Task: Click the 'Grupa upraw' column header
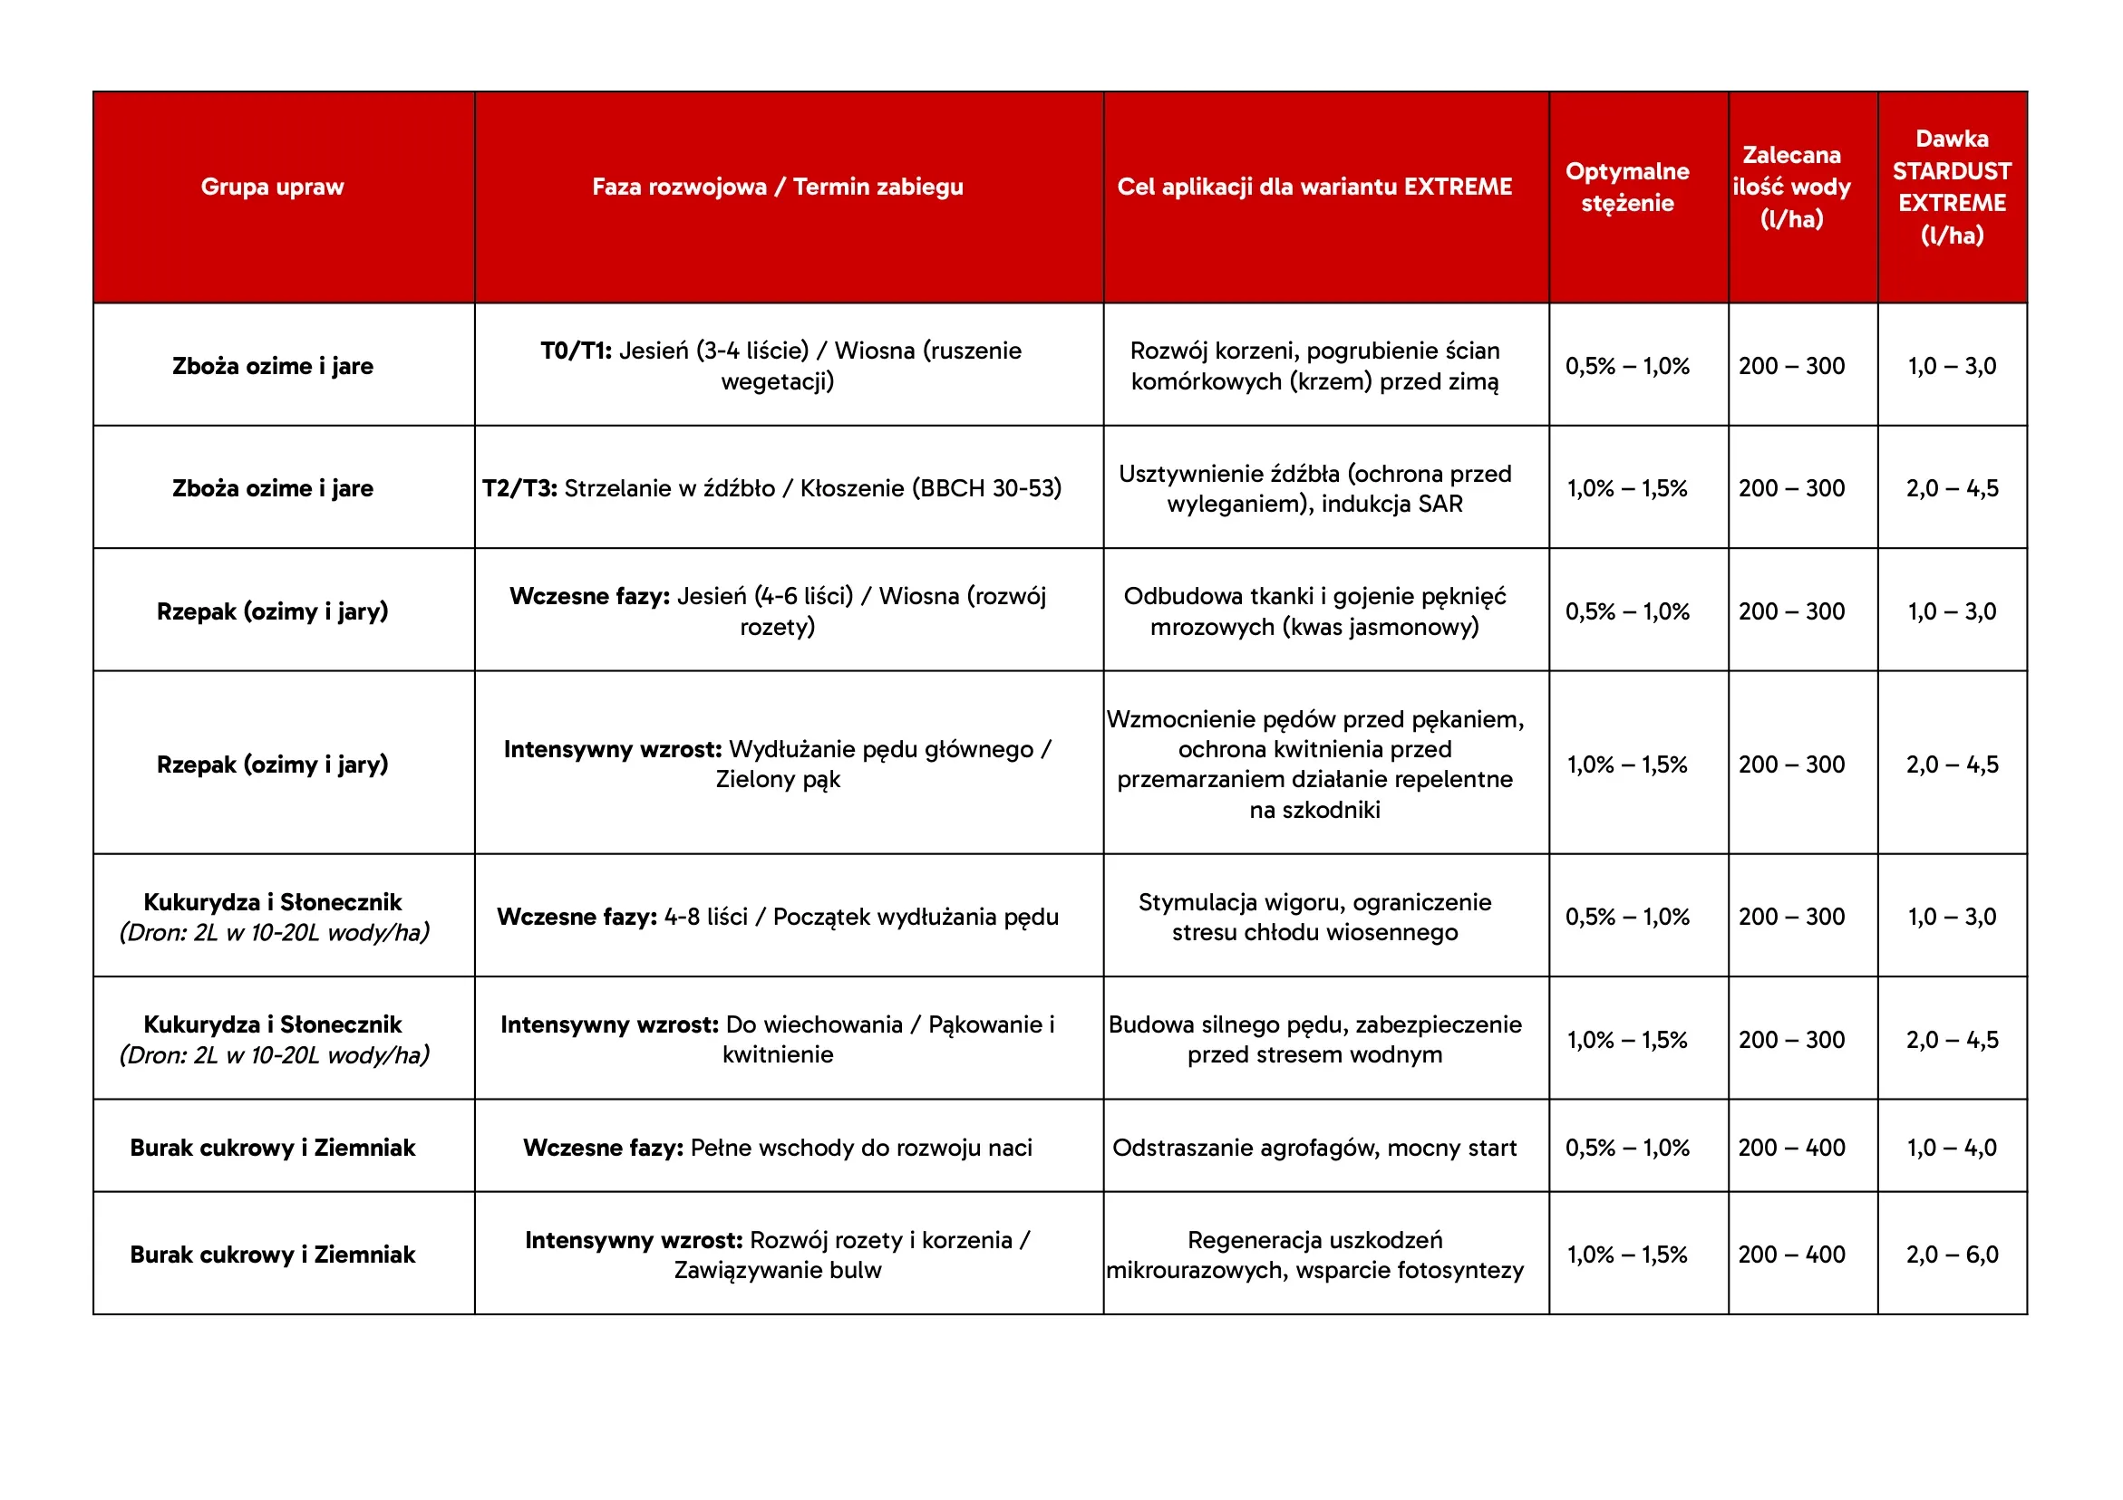point(272,187)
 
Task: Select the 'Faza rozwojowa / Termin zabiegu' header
point(777,187)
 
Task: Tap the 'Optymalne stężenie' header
point(1626,187)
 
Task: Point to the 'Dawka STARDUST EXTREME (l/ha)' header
point(1951,187)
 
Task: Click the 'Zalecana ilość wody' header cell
point(1791,187)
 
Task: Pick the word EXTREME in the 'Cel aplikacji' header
point(1458,187)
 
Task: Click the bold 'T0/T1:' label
point(576,351)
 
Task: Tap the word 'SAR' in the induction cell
point(1440,504)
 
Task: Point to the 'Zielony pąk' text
point(778,779)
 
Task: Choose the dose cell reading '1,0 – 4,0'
point(1951,1147)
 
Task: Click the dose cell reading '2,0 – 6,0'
point(1951,1255)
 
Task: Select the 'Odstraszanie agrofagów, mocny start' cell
point(1314,1147)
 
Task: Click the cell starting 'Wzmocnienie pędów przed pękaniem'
point(1314,764)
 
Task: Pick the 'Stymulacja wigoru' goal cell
point(1314,916)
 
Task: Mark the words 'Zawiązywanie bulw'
point(778,1270)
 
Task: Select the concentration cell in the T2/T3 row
point(1626,488)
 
